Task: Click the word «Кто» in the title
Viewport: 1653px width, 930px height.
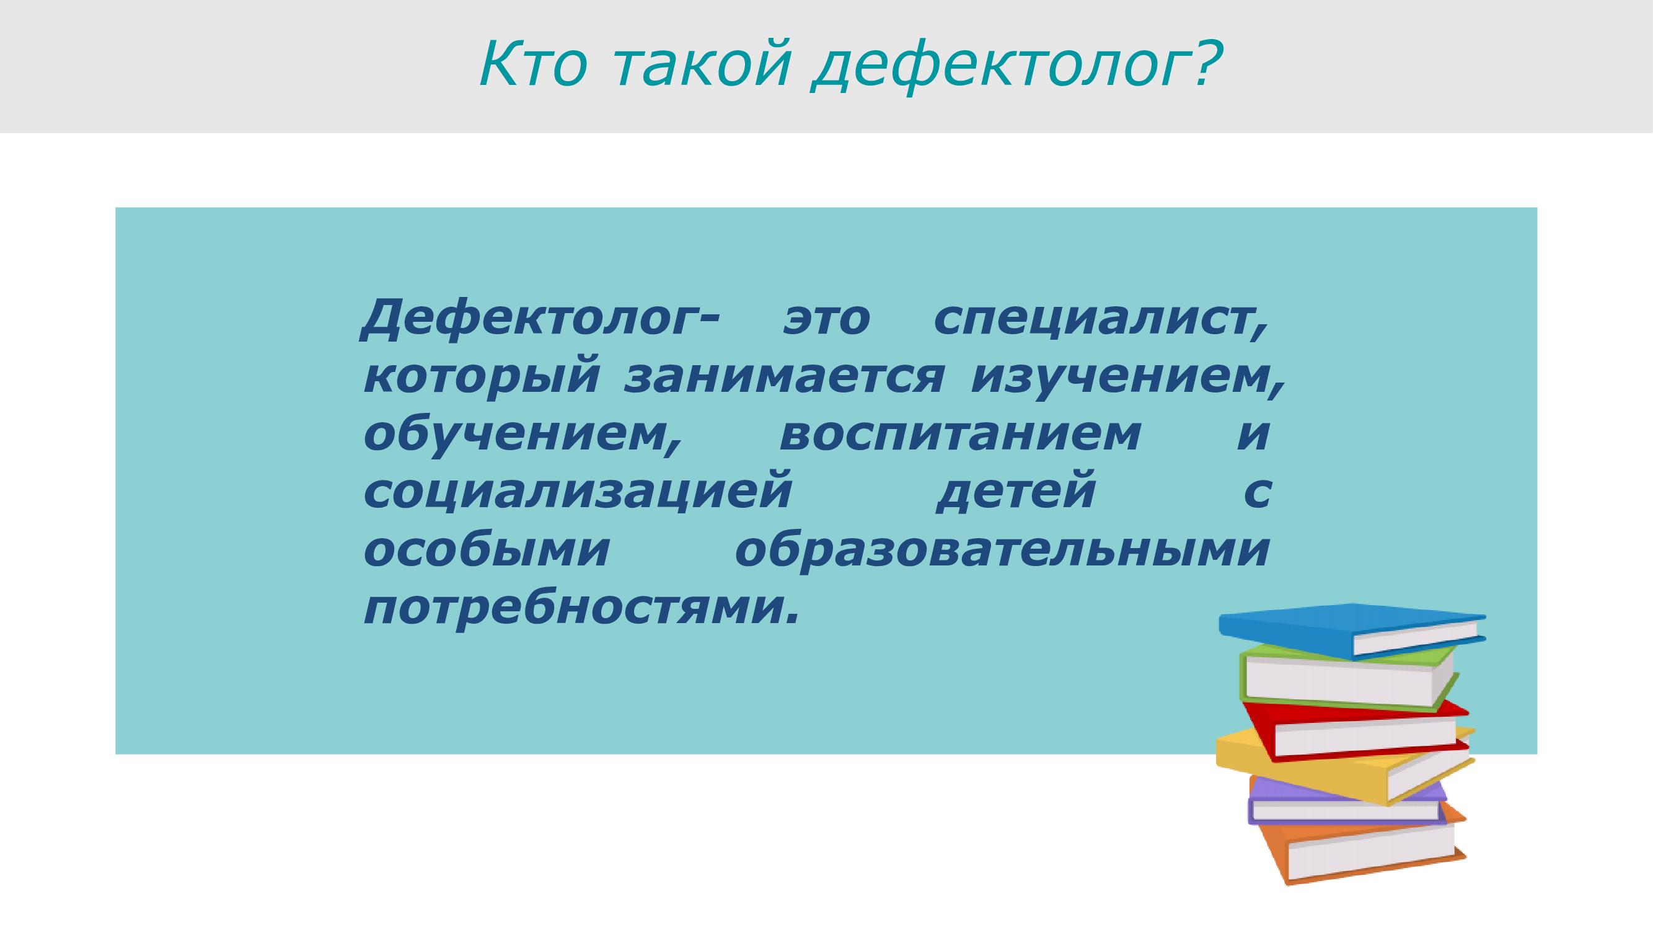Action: click(532, 66)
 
